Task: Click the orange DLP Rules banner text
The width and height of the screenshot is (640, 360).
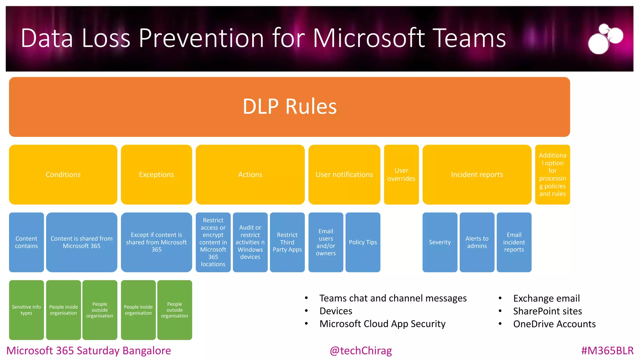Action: pyautogui.click(x=289, y=107)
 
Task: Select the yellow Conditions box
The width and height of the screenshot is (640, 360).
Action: pyautogui.click(x=63, y=174)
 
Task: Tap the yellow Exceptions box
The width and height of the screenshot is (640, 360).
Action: pyautogui.click(x=156, y=174)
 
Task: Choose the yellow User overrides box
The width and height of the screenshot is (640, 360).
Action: pyautogui.click(x=401, y=174)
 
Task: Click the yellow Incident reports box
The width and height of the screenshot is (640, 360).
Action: pyautogui.click(x=477, y=174)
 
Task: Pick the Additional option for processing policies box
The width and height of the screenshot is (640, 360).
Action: pyautogui.click(x=552, y=174)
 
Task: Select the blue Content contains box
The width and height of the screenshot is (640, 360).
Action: pyautogui.click(x=26, y=242)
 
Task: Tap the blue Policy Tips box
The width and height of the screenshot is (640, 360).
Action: pyautogui.click(x=363, y=242)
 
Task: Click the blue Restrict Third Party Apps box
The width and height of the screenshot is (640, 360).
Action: pyautogui.click(x=287, y=242)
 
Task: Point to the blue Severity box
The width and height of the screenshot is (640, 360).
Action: pyautogui.click(x=440, y=242)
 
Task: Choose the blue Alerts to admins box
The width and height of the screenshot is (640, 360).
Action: pyautogui.click(x=477, y=242)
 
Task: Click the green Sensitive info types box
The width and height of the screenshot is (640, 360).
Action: pyautogui.click(x=26, y=310)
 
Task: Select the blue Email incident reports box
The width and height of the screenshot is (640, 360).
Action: pyautogui.click(x=514, y=242)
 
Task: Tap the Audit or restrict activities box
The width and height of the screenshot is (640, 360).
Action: pyautogui.click(x=250, y=242)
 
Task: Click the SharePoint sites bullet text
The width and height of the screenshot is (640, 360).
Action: pyautogui.click(x=547, y=311)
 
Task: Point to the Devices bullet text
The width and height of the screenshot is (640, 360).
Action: pyautogui.click(x=336, y=311)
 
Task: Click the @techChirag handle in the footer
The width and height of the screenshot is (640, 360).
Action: pyautogui.click(x=361, y=351)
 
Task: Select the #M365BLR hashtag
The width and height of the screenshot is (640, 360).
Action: pyautogui.click(x=607, y=351)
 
